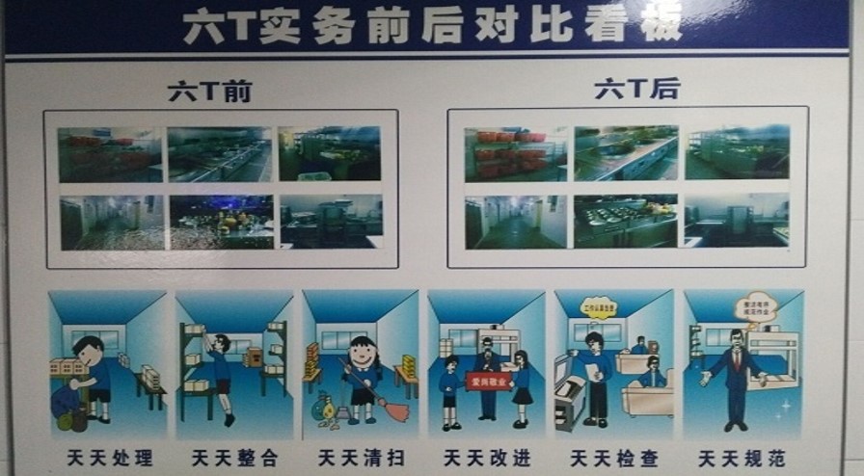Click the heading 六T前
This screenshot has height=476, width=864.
(x=209, y=92)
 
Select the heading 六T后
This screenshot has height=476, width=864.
(x=636, y=91)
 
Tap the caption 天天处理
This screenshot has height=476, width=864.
(x=108, y=458)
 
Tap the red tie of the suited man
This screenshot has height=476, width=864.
(x=736, y=362)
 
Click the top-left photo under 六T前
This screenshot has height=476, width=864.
(x=109, y=154)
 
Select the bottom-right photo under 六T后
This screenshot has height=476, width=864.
(x=736, y=221)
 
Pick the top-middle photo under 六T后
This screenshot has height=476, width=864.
(x=626, y=152)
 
